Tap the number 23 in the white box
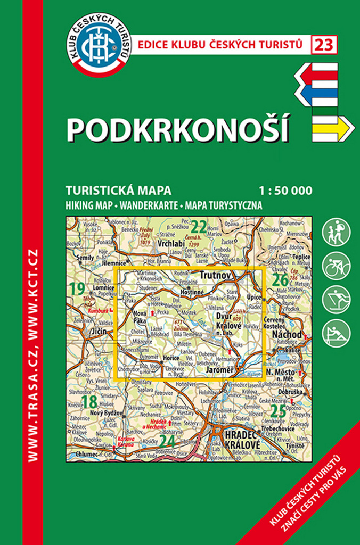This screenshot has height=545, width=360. coord(324,45)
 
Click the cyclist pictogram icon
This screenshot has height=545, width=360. coord(337,265)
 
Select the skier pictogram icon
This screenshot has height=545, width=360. coord(337,299)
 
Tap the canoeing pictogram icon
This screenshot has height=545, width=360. coord(337,333)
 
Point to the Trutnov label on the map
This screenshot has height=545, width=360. coord(215,276)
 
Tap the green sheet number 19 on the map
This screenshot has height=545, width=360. coord(77,290)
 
